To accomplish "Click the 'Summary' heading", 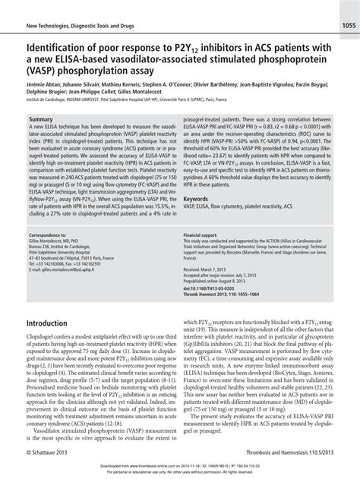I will coord(40,120).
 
